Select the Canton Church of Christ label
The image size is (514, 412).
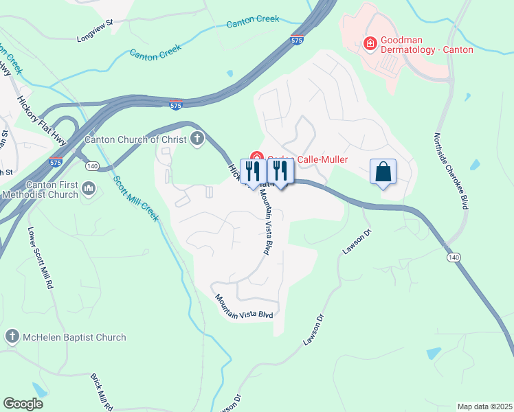pos(131,139)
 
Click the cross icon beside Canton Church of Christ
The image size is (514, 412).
pos(197,139)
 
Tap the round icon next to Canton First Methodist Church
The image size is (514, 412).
pos(88,189)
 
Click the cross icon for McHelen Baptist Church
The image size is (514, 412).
pos(11,337)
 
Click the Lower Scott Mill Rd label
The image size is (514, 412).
pos(41,257)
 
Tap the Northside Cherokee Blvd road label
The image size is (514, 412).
pos(453,172)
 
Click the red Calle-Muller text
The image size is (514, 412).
pos(322,160)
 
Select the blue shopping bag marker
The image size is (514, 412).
pos(383,172)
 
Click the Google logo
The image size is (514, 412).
pos(23,404)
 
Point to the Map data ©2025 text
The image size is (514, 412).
pos(484,407)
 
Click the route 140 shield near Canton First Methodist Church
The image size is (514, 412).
pos(92,165)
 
